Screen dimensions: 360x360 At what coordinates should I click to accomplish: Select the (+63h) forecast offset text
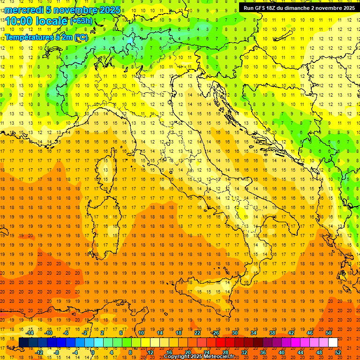click(x=81, y=21)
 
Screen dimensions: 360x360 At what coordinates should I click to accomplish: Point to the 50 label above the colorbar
click(x=328, y=333)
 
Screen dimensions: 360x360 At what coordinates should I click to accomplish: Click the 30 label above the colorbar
click(x=234, y=333)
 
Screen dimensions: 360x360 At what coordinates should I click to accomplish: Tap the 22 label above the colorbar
click(x=197, y=333)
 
